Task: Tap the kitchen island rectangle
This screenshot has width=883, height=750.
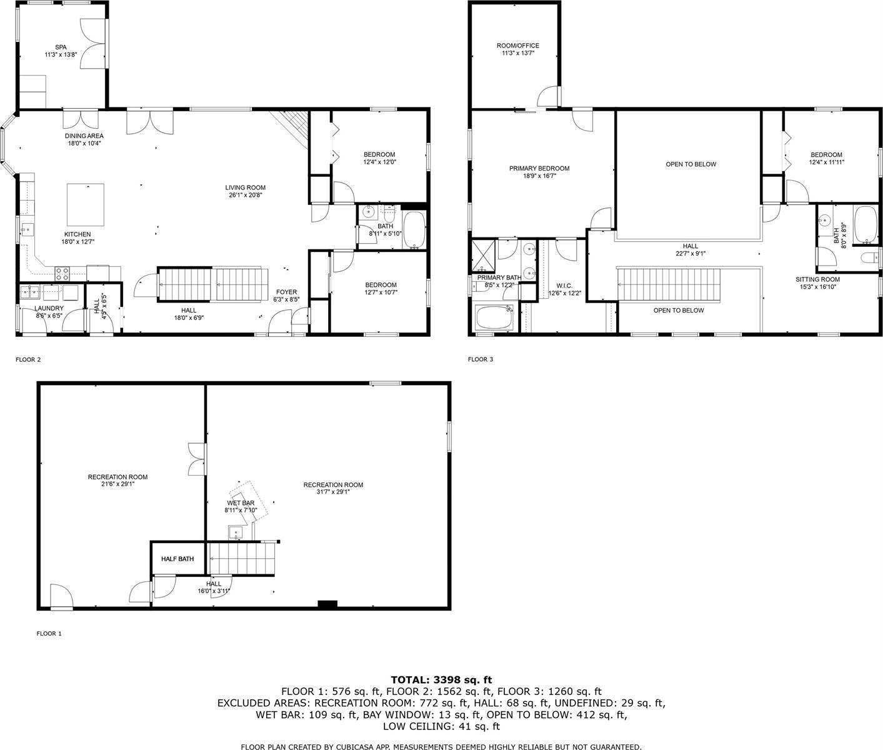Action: tap(86, 205)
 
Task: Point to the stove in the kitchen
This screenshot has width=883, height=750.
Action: tap(62, 274)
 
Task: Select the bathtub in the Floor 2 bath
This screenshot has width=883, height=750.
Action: tap(414, 229)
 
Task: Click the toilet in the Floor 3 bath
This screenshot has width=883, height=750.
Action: tap(871, 259)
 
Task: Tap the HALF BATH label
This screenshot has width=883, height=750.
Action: tap(177, 559)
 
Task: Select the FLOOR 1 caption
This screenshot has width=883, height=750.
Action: tap(49, 633)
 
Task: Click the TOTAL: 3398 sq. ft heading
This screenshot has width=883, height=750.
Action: tap(441, 680)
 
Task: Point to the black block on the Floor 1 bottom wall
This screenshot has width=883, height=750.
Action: tap(327, 604)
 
